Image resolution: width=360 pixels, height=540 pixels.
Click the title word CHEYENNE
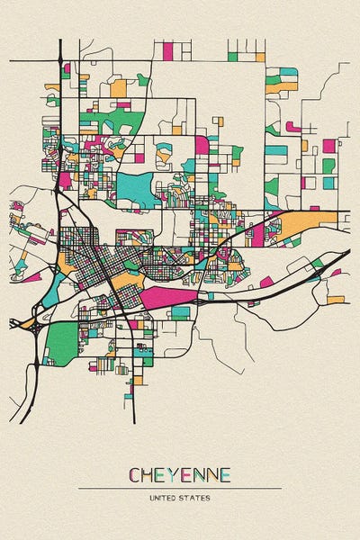point(179,474)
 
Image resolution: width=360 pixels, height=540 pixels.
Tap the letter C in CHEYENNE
point(135,474)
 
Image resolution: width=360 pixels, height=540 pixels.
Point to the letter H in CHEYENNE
point(148,474)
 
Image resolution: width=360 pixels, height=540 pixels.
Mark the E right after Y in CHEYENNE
point(185,474)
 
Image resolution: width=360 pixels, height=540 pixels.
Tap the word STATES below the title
point(194,496)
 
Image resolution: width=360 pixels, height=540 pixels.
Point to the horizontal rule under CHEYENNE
point(179,488)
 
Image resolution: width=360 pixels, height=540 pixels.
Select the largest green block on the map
point(62,342)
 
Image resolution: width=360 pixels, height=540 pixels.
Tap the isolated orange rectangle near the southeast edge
point(336,299)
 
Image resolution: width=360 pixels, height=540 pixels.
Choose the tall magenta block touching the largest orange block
point(258,235)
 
